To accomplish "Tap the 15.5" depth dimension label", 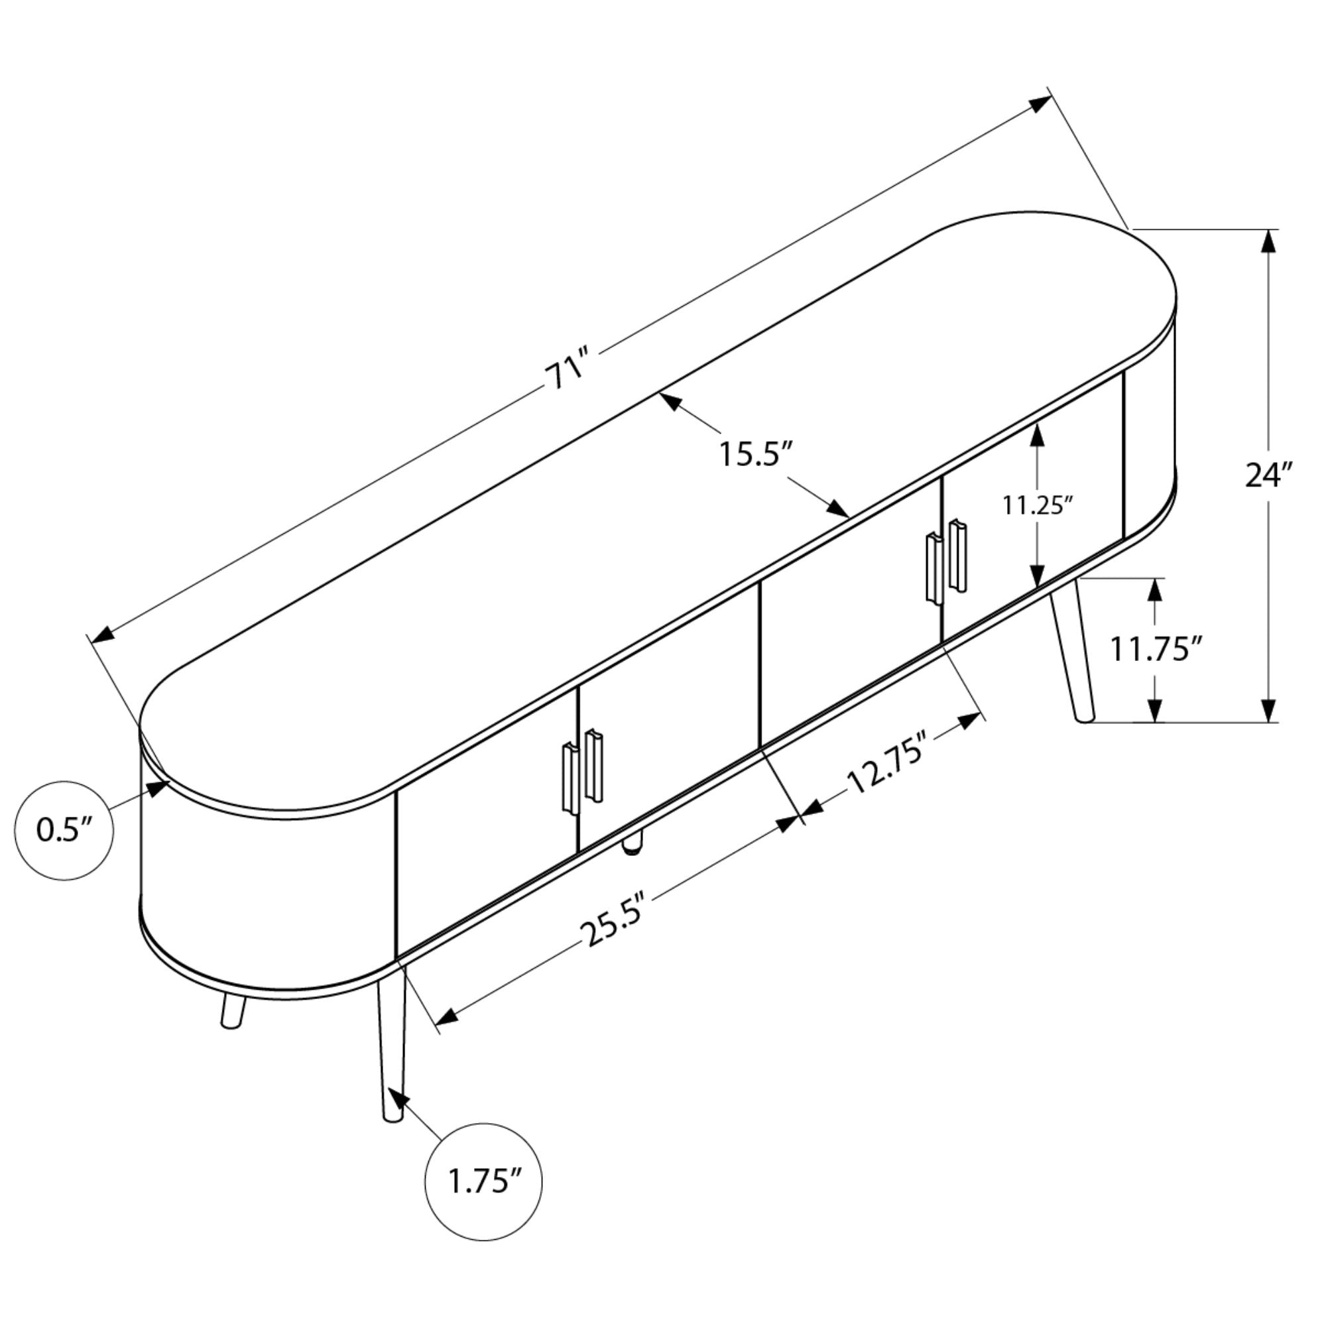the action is click(756, 454).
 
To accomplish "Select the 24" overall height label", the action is click(1269, 475).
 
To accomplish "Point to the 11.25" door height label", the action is click(1037, 506).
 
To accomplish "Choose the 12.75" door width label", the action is click(888, 769).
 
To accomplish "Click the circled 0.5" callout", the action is click(64, 831).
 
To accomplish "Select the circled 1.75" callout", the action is click(484, 1181).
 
